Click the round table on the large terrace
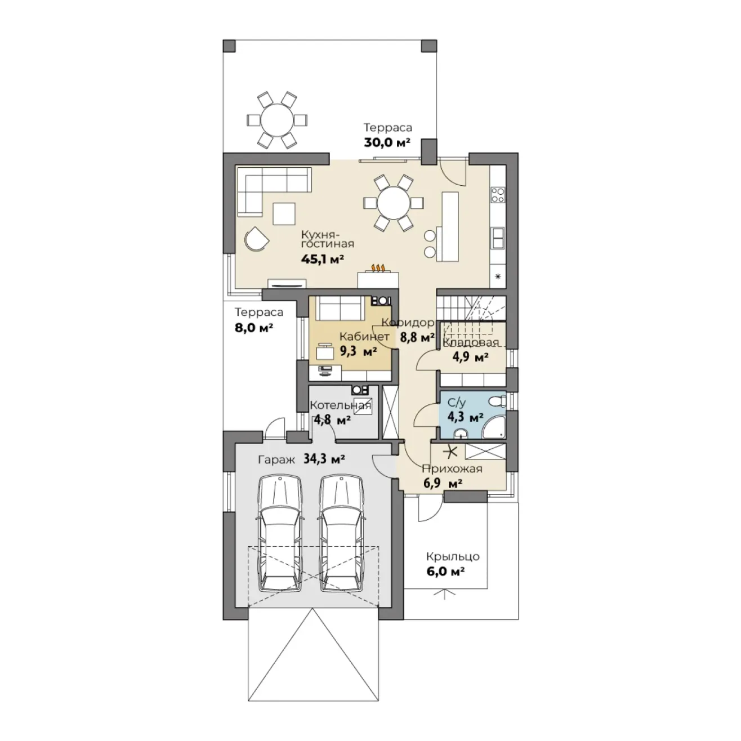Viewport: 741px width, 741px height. point(276,120)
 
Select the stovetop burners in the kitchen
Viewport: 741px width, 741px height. point(498,194)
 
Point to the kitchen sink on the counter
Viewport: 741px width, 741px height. point(498,238)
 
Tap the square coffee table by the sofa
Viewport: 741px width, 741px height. point(284,214)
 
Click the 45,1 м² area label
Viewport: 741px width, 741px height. point(322,259)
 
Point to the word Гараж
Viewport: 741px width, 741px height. point(276,460)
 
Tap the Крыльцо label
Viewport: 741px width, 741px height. point(453,556)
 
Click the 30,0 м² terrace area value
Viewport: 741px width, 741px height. point(387,142)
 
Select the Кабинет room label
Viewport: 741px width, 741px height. point(364,337)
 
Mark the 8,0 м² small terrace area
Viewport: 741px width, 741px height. point(254,328)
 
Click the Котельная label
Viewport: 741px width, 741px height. point(341,405)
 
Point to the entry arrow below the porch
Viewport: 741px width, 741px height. point(444,596)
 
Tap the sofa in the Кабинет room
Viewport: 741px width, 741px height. point(340,308)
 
